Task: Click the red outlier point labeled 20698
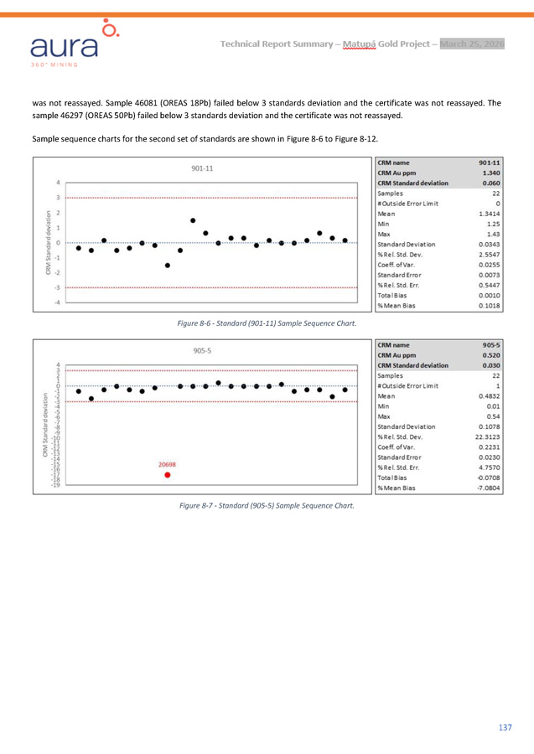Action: (x=168, y=474)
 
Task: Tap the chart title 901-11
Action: (x=202, y=168)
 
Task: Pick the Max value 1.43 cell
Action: (x=492, y=234)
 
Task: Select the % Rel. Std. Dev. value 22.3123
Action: (x=486, y=436)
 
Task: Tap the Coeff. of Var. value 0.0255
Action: (x=488, y=264)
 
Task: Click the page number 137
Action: (x=504, y=726)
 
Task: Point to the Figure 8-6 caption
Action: (x=267, y=323)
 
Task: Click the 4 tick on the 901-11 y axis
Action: (x=57, y=182)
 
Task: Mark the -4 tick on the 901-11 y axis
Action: (x=55, y=302)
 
